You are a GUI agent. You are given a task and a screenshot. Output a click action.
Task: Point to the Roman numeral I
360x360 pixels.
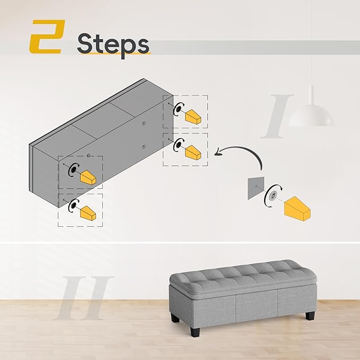coord(279,115)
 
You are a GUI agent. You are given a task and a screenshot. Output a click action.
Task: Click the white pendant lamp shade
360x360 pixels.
coord(311,115)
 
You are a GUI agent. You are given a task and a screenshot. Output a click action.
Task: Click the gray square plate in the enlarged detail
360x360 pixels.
coord(256,187)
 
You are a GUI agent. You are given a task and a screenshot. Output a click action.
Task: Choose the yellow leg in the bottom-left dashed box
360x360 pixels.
coord(87,214)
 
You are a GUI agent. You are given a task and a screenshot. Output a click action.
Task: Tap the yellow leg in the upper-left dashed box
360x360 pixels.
coord(87,177)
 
